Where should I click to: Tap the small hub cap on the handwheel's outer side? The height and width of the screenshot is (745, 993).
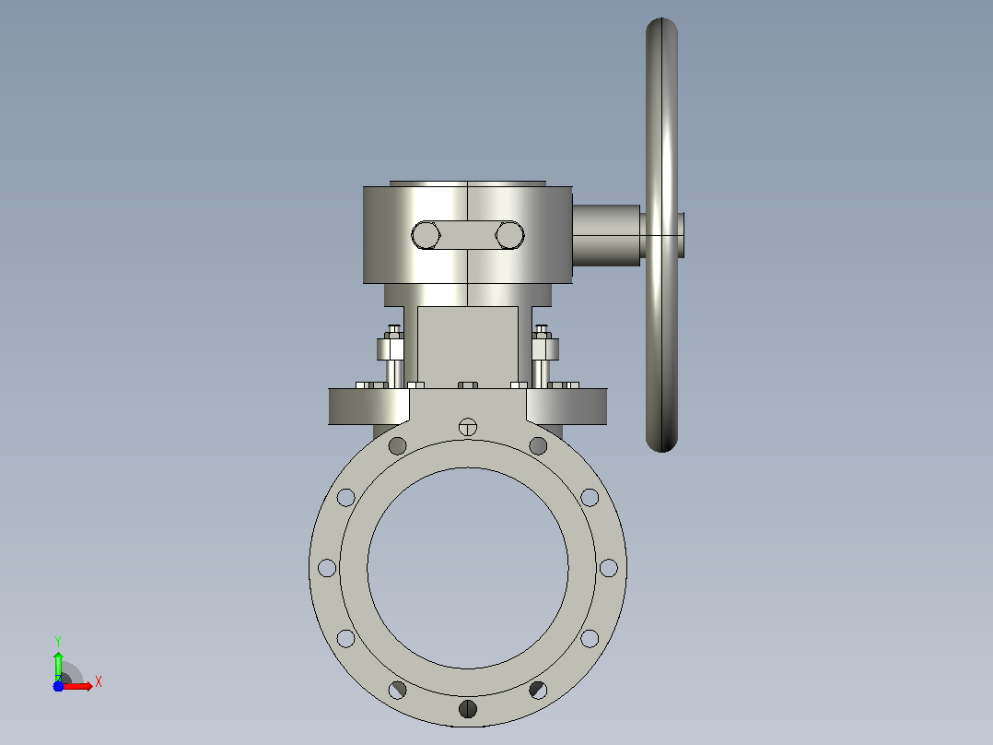pos(681,235)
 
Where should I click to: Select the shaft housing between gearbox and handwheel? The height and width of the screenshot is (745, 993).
pos(606,235)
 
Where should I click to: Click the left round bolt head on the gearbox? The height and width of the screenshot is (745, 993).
pos(426,235)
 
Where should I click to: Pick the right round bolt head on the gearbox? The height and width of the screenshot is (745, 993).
pos(509,235)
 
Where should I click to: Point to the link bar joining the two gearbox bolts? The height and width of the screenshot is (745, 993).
pos(467,235)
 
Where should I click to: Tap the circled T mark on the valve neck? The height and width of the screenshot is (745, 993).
pos(467,427)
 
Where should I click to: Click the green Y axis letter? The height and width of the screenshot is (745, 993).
pos(58,641)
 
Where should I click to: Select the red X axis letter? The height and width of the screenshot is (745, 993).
pos(99,682)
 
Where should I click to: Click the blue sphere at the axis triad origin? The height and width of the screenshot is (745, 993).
pos(58,686)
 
